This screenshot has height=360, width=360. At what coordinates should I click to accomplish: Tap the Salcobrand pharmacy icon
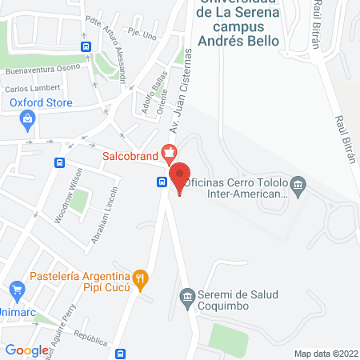169,150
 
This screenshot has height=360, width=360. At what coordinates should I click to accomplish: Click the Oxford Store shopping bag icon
29,120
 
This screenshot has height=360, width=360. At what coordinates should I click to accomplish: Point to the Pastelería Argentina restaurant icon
140,279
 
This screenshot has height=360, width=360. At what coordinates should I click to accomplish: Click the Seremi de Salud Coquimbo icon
186,297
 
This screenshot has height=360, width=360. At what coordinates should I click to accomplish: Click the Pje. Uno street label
142,34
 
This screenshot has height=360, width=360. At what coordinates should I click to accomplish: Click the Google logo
26,350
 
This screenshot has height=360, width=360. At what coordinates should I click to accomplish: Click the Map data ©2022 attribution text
326,353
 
